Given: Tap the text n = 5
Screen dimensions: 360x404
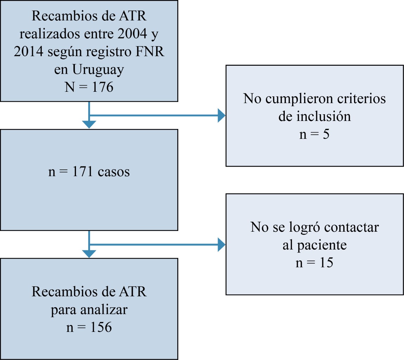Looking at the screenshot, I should point(314,135).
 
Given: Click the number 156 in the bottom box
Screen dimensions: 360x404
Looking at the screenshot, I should point(100,328).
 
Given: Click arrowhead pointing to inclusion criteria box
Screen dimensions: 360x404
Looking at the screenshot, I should point(222,115).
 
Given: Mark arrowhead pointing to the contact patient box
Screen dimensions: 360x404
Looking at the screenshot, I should point(222,244).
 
